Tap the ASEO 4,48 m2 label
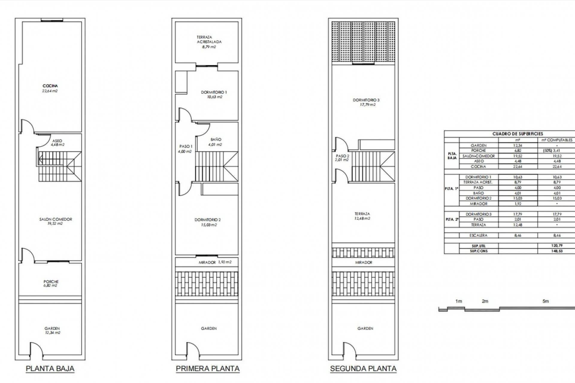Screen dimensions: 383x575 coord(57,143)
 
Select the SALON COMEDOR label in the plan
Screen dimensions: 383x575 coord(56,221)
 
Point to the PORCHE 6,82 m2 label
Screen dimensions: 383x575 coord(51,283)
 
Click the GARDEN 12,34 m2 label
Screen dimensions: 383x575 coord(52,330)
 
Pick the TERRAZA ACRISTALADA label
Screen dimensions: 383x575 coord(209,42)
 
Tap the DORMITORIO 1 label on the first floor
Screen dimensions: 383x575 coord(214,95)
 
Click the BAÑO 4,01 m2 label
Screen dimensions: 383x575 coord(216,142)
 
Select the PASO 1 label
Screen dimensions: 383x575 coord(186,149)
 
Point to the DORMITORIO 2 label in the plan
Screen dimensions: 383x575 coord(208,222)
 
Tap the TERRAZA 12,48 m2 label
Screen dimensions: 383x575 coord(362,216)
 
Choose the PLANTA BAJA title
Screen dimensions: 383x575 coord(50,368)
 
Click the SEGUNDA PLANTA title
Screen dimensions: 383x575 coord(363,368)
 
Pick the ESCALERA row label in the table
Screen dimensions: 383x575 coord(479,235)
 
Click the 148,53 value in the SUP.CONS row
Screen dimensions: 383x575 coord(557,251)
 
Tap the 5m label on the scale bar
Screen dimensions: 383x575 coord(546,301)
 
